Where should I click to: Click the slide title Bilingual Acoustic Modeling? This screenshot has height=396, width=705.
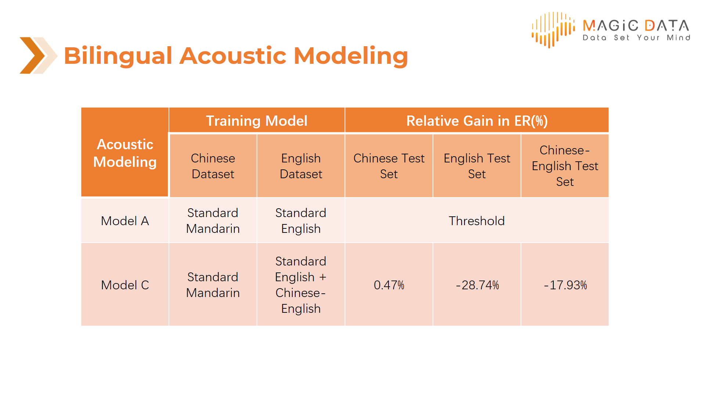(x=236, y=56)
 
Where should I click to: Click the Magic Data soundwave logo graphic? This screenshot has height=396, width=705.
(x=553, y=30)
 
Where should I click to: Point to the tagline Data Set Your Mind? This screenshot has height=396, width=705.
(x=636, y=37)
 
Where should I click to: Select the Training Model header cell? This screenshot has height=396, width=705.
(x=257, y=121)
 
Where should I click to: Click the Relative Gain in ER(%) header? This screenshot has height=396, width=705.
(x=477, y=121)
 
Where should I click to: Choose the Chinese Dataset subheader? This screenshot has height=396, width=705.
(x=213, y=166)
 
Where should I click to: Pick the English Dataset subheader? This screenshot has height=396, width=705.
(x=301, y=166)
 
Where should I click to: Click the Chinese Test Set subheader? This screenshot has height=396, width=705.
(x=389, y=166)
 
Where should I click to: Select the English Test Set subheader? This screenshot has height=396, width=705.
(x=477, y=166)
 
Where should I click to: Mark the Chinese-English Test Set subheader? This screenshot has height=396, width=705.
(x=565, y=166)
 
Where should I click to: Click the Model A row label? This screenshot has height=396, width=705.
(x=125, y=221)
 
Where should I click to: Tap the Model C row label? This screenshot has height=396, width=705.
(x=125, y=285)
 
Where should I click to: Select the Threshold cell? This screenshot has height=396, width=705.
(x=477, y=221)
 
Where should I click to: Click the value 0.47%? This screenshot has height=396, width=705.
(x=389, y=285)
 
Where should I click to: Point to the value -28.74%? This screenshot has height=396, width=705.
(x=477, y=285)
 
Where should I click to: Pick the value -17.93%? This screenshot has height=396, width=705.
(x=565, y=285)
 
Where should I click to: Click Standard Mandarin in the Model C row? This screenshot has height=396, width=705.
(x=213, y=285)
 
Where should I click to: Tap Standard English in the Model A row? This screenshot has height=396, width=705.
(x=301, y=221)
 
